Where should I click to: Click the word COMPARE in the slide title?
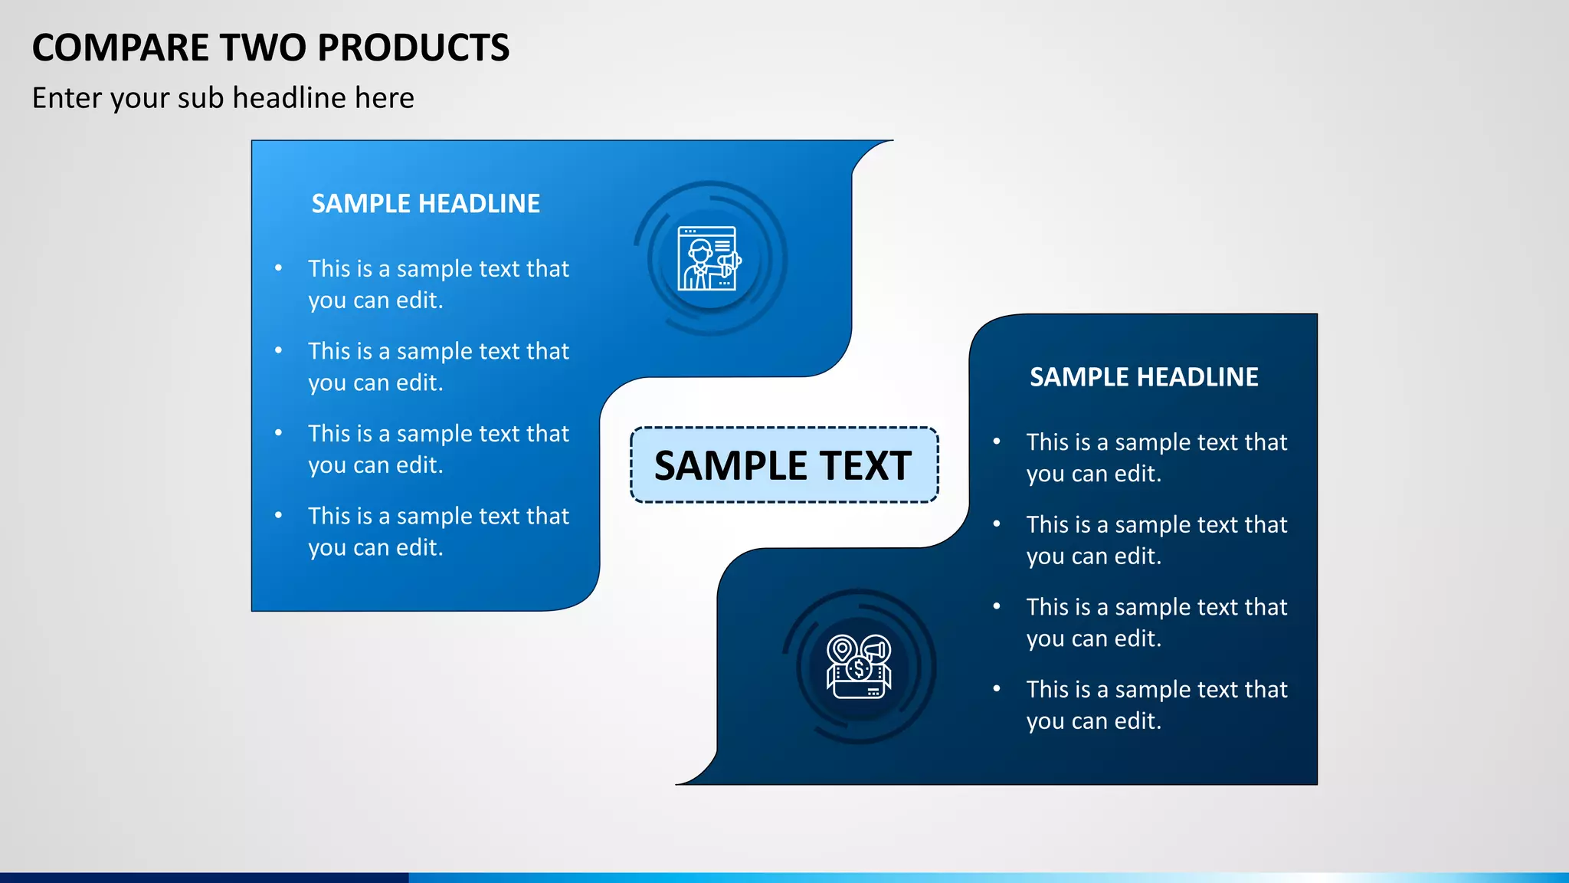(120, 48)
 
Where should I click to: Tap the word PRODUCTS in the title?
(413, 48)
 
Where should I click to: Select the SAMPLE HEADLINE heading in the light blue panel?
(425, 204)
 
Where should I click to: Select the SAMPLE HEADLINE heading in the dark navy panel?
(1144, 377)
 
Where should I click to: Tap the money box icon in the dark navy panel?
(859, 667)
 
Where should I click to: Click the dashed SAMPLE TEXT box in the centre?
(784, 465)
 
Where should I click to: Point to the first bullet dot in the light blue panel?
(279, 268)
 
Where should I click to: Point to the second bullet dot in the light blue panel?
(279, 351)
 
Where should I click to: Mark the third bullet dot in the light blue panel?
(279, 433)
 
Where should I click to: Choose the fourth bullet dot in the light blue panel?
(279, 516)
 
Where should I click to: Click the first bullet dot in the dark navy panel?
(997, 441)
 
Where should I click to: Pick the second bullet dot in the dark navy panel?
(997, 524)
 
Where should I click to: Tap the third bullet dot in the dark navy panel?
(997, 606)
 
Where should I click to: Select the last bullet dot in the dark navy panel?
(997, 689)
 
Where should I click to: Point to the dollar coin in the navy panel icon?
(859, 669)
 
